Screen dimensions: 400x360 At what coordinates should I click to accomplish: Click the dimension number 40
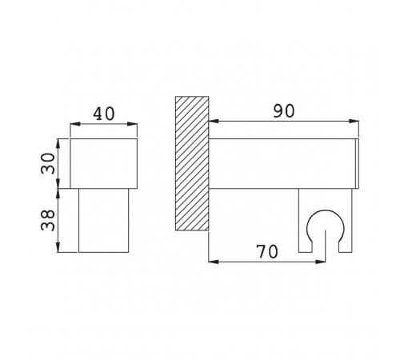[104, 114]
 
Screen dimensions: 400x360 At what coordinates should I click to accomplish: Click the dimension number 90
[284, 111]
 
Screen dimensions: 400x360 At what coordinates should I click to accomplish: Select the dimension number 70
[267, 252]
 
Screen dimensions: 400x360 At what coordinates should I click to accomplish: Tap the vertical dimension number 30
[48, 163]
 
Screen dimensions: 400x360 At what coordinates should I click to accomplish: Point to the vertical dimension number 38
[48, 220]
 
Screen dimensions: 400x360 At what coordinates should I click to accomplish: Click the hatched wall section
[192, 163]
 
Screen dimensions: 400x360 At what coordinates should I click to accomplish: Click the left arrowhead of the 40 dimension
[75, 124]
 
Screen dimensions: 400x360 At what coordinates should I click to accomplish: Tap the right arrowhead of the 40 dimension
[132, 124]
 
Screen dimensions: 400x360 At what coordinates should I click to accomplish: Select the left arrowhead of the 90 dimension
[214, 122]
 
